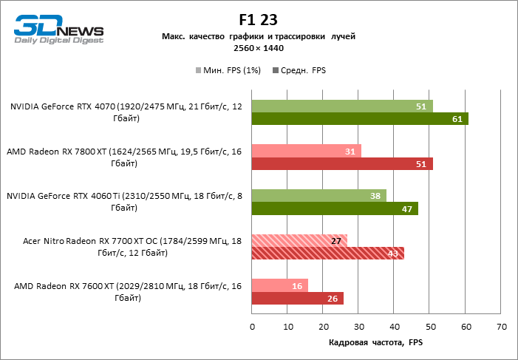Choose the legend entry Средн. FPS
[x=300, y=70]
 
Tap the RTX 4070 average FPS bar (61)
[x=360, y=118]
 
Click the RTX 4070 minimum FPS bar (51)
[x=342, y=106]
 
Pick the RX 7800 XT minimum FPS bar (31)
[x=307, y=151]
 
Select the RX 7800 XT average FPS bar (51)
[x=342, y=163]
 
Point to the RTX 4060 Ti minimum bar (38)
[x=318, y=196]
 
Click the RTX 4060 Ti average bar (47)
[x=335, y=208]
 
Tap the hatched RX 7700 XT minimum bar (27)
[x=299, y=241]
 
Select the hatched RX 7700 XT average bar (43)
[x=327, y=254]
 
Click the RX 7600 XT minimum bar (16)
[x=280, y=286]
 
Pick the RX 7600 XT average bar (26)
[x=298, y=299]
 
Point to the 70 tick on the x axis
[x=501, y=326]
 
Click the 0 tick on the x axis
[x=252, y=326]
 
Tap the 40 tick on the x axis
[x=395, y=326]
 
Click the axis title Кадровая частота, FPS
[x=376, y=343]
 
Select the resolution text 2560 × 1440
[x=259, y=48]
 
